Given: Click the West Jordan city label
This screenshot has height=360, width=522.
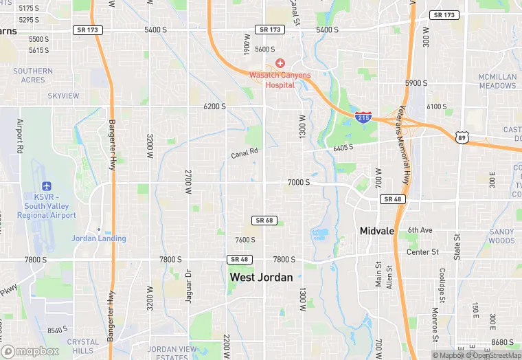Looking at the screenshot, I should point(261,278).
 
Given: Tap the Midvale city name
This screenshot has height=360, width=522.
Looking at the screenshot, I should point(377,231).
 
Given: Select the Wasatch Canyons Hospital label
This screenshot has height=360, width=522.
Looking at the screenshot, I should point(280,80).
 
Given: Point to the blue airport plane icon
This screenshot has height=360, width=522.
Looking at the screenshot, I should point(47,186).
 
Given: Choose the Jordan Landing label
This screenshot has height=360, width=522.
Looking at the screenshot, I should point(99,238).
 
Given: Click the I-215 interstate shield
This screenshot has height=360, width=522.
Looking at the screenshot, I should point(364,118).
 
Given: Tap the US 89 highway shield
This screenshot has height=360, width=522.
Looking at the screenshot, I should point(460,138).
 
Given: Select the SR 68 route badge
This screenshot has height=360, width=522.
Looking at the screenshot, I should point(264,220).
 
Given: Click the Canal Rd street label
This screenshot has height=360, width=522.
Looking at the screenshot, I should point(245,153).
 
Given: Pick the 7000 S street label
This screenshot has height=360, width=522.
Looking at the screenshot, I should point(298,182).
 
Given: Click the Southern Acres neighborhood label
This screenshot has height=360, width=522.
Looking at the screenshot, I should point(33,76).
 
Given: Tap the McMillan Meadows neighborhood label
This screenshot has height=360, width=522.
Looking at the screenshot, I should point(497,81).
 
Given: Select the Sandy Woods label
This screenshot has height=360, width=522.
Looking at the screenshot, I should point(501,236).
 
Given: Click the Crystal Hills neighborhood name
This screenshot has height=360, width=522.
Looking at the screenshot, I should point(82,346).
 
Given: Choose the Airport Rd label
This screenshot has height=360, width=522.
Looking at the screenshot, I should point(20,135).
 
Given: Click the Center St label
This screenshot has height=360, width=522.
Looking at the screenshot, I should point(422,252).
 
